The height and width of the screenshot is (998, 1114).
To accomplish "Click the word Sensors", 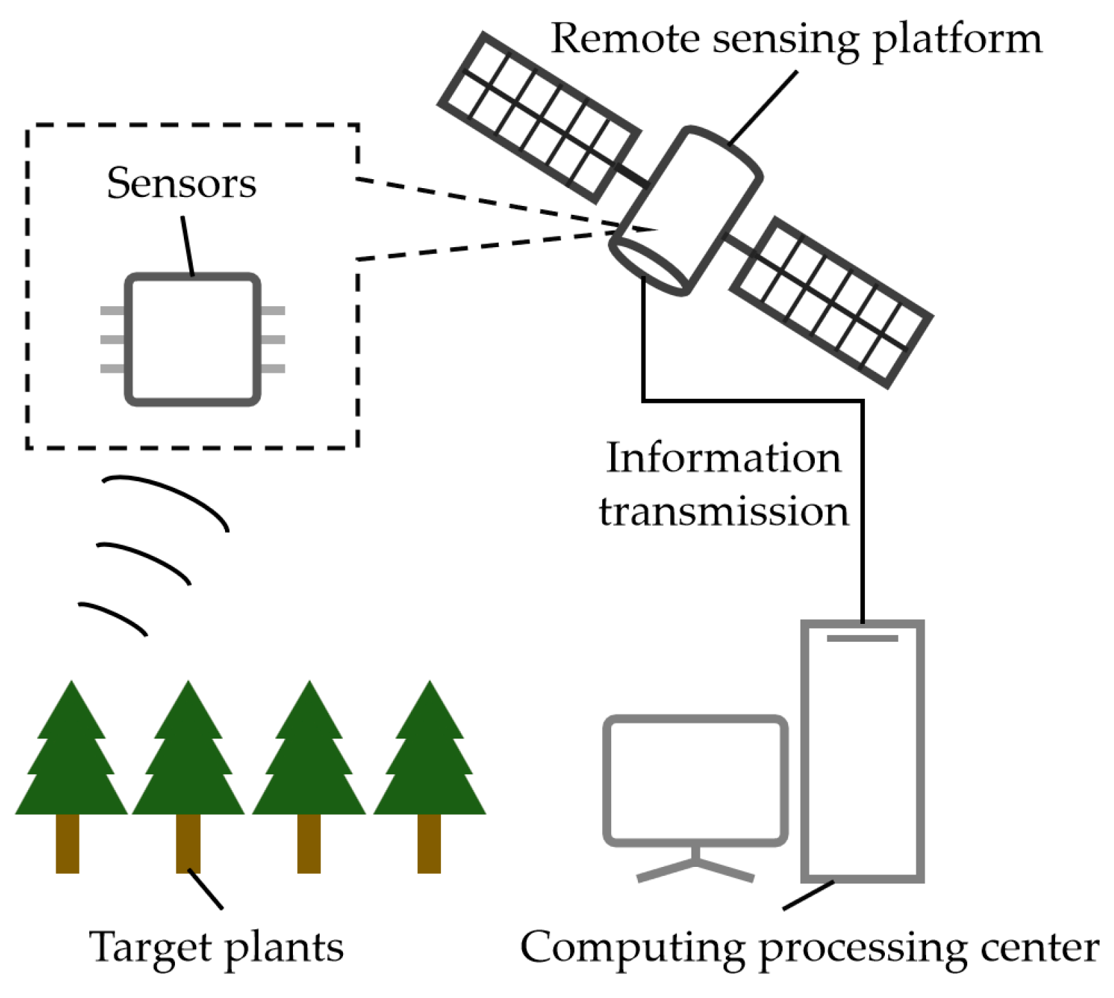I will tap(181, 184).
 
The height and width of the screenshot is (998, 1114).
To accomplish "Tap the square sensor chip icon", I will tap(192, 340).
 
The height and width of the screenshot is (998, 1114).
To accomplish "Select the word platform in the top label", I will tap(958, 40).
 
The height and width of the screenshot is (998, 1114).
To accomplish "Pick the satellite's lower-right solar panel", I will tap(831, 303).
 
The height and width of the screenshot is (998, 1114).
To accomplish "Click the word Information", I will tap(723, 459).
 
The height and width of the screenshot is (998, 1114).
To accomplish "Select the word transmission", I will tap(724, 512).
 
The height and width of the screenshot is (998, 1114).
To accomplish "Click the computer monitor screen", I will tap(695, 780).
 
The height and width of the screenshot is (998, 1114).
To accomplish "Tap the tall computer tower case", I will tap(862, 752).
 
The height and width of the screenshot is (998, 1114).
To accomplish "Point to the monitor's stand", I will tap(696, 866).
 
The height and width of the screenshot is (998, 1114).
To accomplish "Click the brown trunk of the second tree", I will tap(188, 843).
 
